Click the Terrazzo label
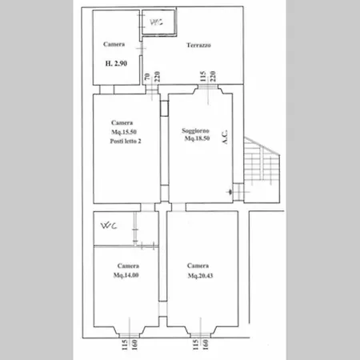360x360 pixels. point(198,46)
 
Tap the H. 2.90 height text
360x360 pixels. point(116,62)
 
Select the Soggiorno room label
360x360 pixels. point(196,130)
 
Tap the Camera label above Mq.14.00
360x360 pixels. point(126,266)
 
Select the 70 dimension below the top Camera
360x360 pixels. point(148,78)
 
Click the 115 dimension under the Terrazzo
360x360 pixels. point(204,78)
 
